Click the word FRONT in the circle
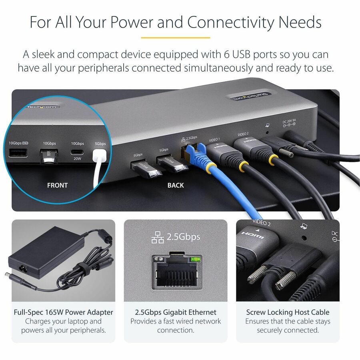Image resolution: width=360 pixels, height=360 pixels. click(57, 185)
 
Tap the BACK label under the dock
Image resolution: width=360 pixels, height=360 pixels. click(176, 185)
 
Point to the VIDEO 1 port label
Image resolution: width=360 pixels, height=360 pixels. click(215, 140)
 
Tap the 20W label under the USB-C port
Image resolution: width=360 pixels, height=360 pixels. click(77, 158)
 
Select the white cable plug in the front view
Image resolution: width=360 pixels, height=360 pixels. click(99, 156)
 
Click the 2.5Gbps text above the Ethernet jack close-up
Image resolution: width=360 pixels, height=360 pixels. click(183, 237)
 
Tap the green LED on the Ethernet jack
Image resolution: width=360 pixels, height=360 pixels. click(195, 259)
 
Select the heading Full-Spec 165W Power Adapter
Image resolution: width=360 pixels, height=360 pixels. click(63, 312)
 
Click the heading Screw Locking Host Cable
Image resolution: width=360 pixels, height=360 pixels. click(288, 312)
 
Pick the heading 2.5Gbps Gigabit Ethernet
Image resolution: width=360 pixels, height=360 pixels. click(176, 312)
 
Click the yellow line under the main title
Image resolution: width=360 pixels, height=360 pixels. click(176, 38)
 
